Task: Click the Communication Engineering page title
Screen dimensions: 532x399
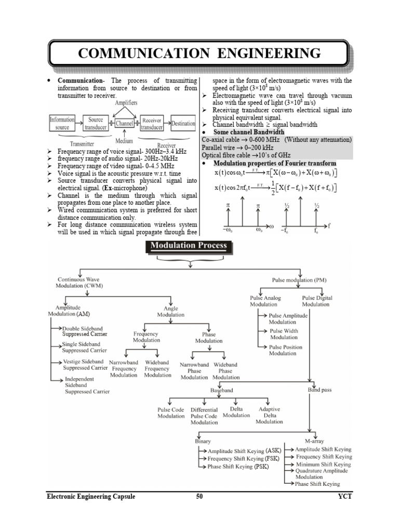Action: pyautogui.click(x=199, y=53)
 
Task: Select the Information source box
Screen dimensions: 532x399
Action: pyautogui.click(x=62, y=123)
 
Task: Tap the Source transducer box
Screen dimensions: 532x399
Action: pyautogui.click(x=96, y=123)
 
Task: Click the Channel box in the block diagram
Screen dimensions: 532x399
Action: pyautogui.click(x=124, y=124)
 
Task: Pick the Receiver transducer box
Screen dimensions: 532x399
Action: pyautogui.click(x=152, y=123)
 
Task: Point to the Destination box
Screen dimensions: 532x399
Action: pyautogui.click(x=183, y=124)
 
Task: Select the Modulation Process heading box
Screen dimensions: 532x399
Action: pyautogui.click(x=189, y=246)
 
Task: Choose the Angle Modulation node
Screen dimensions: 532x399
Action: pyautogui.click(x=170, y=311)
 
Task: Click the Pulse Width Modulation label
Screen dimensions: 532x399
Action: pyautogui.click(x=284, y=334)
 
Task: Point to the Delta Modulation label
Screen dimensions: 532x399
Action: pyautogui.click(x=236, y=412)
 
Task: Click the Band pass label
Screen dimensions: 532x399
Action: pyautogui.click(x=320, y=389)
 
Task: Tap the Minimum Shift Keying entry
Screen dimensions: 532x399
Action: pyautogui.click(x=323, y=464)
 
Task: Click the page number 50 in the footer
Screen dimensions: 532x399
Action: pyautogui.click(x=199, y=497)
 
